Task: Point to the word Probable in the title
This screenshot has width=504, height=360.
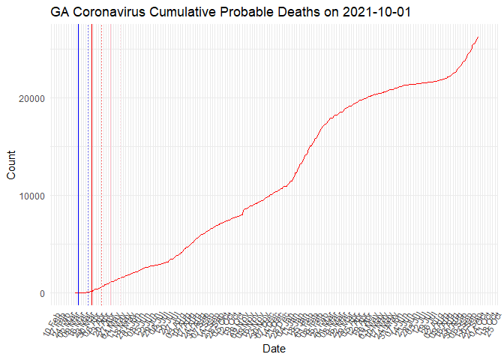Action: point(244,13)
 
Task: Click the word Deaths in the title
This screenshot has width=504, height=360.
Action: point(296,13)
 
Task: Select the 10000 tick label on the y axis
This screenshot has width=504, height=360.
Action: point(29,196)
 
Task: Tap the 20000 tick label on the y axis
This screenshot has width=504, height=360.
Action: point(29,98)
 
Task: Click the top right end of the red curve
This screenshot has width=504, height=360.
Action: point(478,37)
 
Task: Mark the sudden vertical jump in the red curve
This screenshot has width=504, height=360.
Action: point(243,211)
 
